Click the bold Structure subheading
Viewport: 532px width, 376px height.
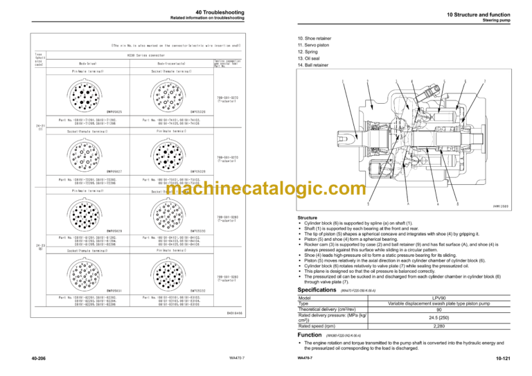tap(310, 217)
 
